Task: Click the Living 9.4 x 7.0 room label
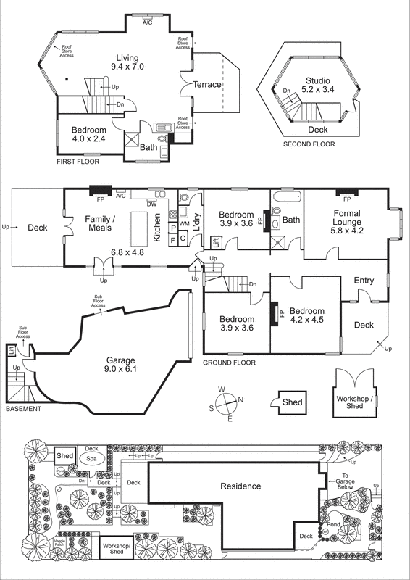coord(127,62)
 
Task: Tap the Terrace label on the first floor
coord(206,85)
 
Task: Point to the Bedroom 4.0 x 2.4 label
coord(89,136)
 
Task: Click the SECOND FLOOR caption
coord(309,144)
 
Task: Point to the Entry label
coord(364,281)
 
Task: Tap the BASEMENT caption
coord(23,409)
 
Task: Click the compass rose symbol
coord(227,402)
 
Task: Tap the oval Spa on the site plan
coord(92,458)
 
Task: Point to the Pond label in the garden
coord(334,523)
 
